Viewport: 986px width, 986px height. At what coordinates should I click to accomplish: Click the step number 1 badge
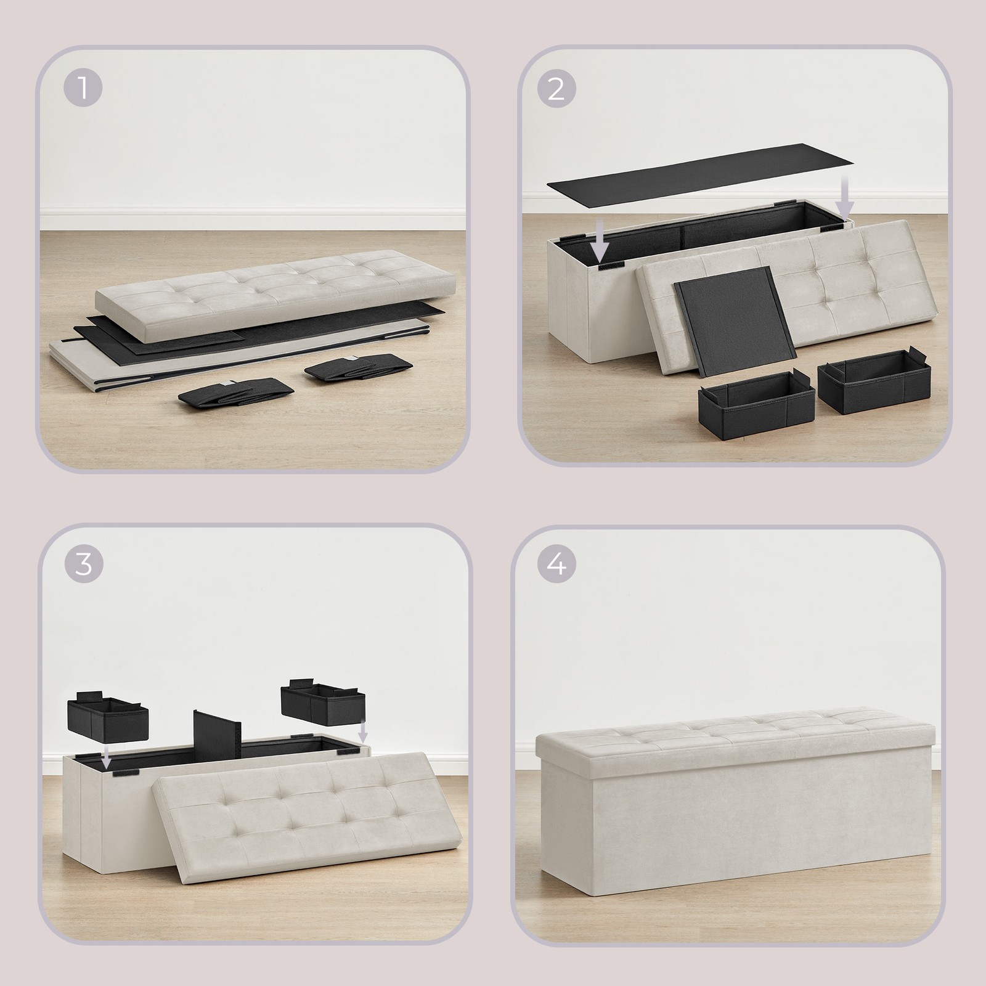click(83, 90)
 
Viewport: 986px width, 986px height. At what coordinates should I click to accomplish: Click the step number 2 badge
click(556, 90)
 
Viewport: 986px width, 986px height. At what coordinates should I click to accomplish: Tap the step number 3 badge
click(83, 564)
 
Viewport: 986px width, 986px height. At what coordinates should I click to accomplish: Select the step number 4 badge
click(556, 564)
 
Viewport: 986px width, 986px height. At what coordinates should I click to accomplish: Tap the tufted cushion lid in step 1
click(275, 293)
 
